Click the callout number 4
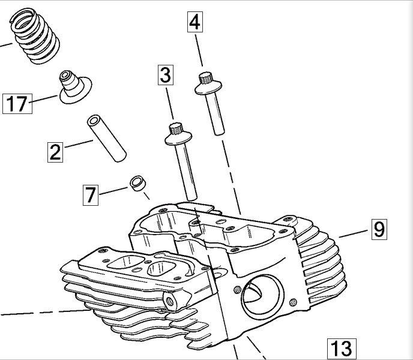[x=195, y=22]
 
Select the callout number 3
[x=166, y=75]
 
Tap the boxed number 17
[x=17, y=104]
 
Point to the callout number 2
[x=55, y=152]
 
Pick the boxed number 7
[x=91, y=195]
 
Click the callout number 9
[x=379, y=229]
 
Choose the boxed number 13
[x=342, y=349]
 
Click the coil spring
[x=35, y=35]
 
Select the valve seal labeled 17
[x=75, y=86]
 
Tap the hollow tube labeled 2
[x=106, y=138]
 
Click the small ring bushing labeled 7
[x=138, y=183]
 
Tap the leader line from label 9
[x=353, y=234]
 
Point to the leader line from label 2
[x=79, y=144]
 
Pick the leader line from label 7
[x=113, y=191]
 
